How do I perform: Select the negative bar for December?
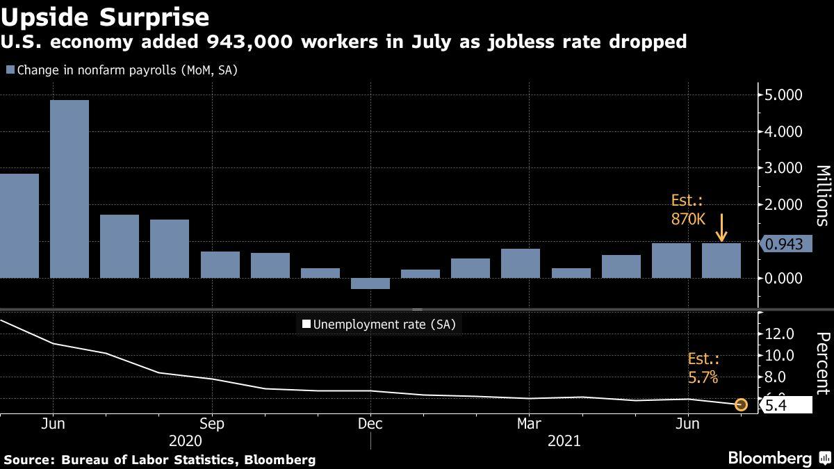[370, 283]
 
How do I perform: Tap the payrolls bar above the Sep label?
[220, 265]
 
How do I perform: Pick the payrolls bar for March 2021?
[520, 263]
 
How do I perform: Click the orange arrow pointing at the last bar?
[722, 228]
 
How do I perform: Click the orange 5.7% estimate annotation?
[703, 369]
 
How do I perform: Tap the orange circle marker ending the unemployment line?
[741, 404]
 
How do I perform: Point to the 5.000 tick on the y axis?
[783, 94]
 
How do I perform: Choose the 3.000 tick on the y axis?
[783, 168]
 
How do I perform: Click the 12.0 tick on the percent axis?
[778, 334]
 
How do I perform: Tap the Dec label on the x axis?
[370, 423]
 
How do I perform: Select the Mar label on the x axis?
[530, 423]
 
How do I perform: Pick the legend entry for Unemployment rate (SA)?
[379, 324]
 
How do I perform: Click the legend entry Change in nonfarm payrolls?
[122, 70]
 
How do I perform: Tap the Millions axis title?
[821, 196]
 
